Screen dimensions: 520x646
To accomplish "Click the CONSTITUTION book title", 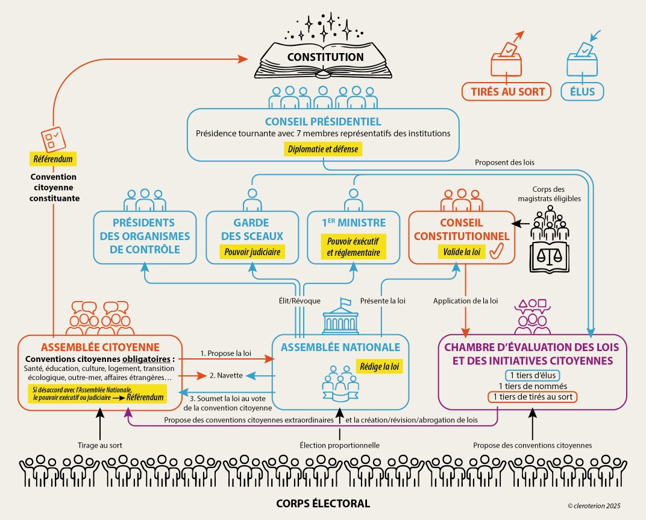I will click(x=325, y=57).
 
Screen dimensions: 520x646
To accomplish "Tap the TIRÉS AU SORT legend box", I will click(x=506, y=92).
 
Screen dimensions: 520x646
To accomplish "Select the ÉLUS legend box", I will click(x=582, y=92).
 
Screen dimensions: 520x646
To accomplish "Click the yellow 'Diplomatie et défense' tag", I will click(x=324, y=148).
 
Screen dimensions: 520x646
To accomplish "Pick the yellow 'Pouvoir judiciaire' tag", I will click(x=253, y=252).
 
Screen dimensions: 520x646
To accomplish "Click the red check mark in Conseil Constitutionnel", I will click(x=496, y=252).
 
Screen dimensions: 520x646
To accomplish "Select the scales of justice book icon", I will click(x=548, y=256).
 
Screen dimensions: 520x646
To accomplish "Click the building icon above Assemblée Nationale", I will click(x=340, y=317).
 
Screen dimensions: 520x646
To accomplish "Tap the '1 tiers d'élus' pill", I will click(x=532, y=375).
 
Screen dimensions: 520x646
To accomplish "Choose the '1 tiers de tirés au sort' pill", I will click(x=532, y=397).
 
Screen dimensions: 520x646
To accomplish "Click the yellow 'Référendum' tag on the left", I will click(x=54, y=159).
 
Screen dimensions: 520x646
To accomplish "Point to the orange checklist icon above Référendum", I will click(x=51, y=138).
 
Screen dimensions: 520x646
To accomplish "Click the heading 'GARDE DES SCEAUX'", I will click(x=252, y=229).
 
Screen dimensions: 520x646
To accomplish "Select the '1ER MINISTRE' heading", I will click(x=354, y=223).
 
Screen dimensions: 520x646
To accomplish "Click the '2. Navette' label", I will click(x=226, y=376).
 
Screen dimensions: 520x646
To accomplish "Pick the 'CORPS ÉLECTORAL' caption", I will click(x=323, y=503).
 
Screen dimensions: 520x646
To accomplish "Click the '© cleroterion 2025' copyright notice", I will click(x=594, y=506).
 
